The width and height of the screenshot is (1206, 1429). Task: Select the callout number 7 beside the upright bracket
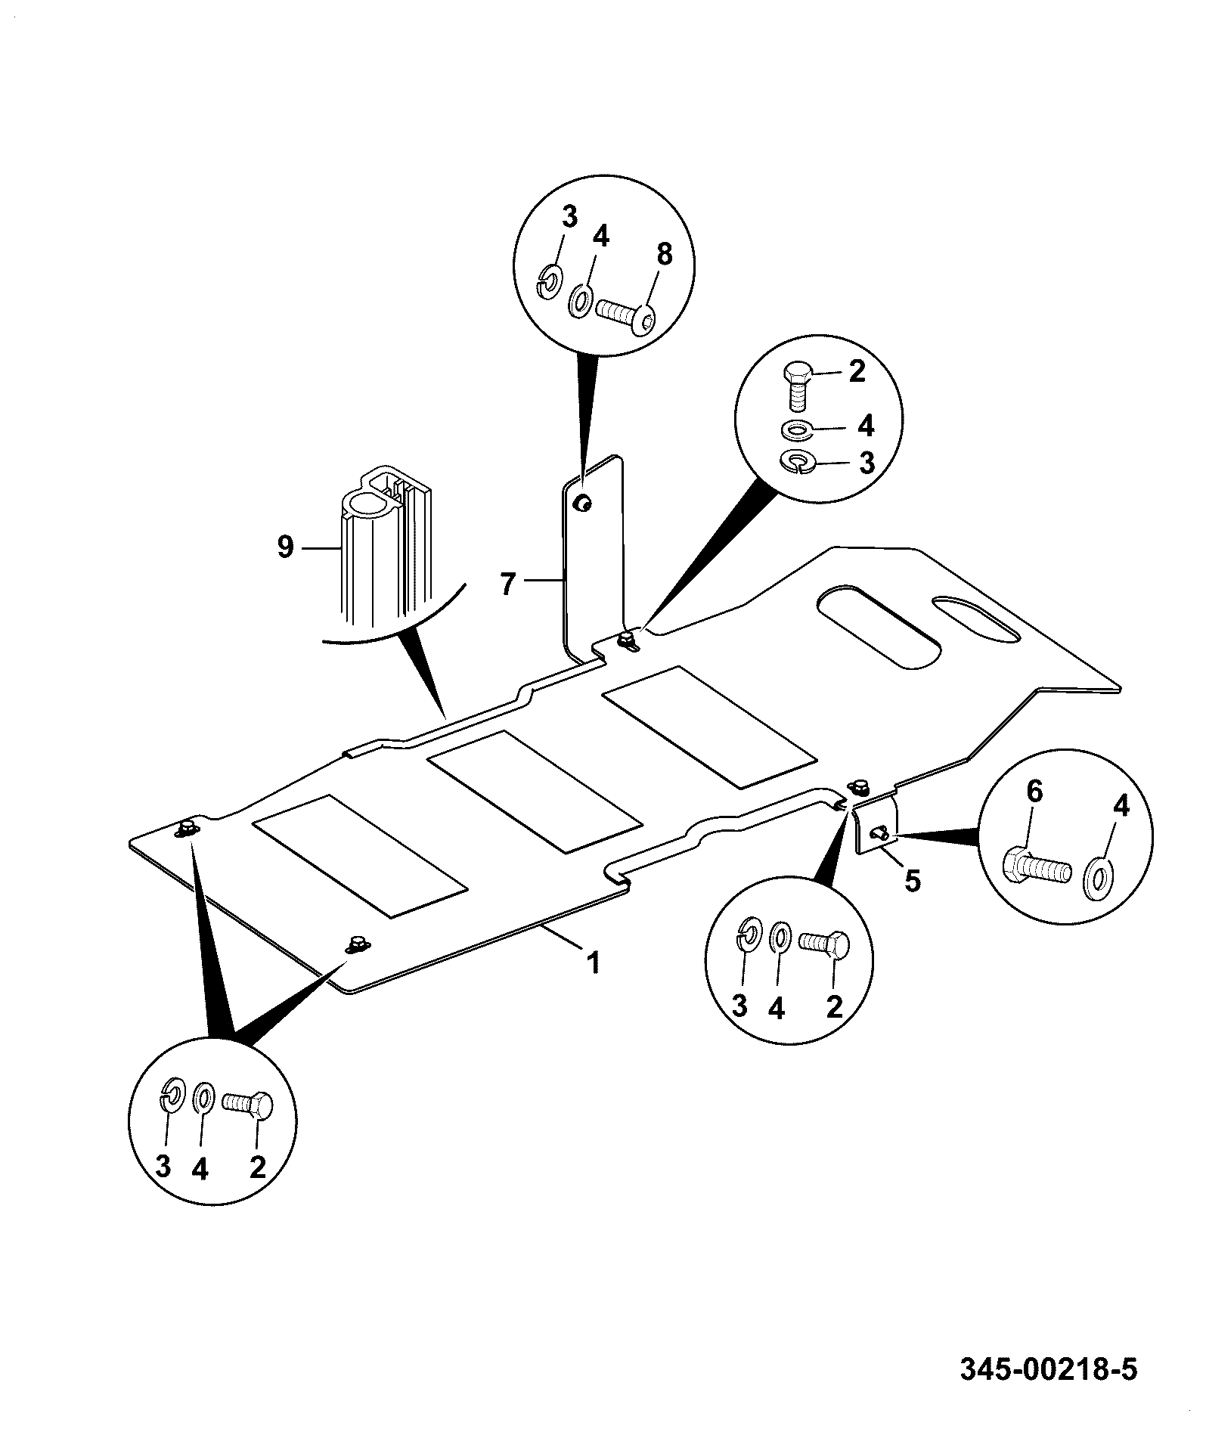(507, 584)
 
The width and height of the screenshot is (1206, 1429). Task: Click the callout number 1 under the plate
(594, 962)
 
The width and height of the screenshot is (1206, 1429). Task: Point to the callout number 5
(913, 881)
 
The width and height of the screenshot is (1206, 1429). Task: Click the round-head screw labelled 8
(626, 312)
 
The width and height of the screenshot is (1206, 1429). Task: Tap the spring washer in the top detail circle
(551, 281)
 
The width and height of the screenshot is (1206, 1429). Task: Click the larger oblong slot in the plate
(879, 627)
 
